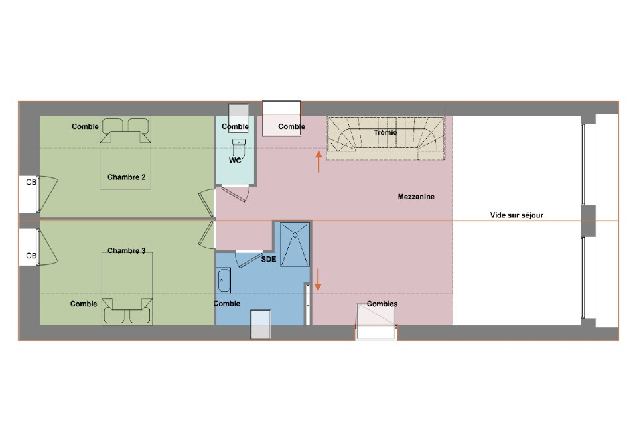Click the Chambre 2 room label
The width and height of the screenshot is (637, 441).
(x=126, y=177)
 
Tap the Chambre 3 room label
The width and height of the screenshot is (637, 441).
(x=126, y=251)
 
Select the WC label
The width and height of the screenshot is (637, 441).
(x=235, y=161)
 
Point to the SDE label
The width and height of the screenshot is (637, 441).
(x=268, y=259)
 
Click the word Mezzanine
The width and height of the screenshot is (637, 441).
(x=416, y=197)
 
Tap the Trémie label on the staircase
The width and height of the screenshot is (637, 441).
(x=385, y=133)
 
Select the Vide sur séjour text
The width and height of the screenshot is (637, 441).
(x=517, y=215)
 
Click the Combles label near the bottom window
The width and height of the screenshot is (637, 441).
(x=382, y=304)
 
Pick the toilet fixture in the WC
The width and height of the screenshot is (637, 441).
(x=239, y=145)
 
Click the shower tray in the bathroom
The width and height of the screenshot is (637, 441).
(x=295, y=244)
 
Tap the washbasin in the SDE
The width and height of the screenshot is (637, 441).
(x=224, y=280)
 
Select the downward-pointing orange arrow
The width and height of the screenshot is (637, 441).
(x=318, y=280)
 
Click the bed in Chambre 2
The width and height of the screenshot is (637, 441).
(x=126, y=159)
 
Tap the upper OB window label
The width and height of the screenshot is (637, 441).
(x=31, y=183)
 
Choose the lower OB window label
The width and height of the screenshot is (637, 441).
(x=31, y=256)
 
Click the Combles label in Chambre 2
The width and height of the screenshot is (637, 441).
(x=85, y=126)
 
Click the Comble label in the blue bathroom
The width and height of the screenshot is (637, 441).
(x=227, y=304)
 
